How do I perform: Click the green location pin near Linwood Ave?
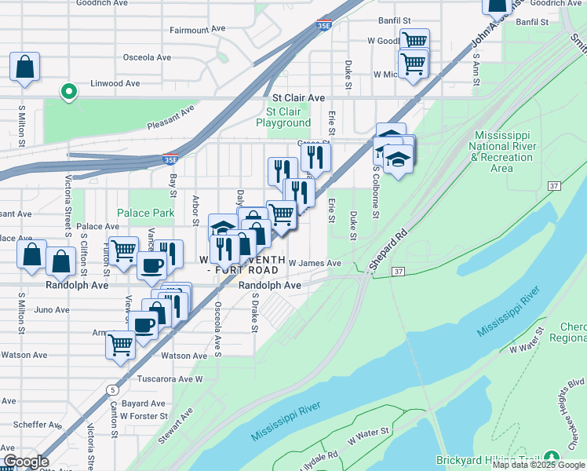(x=69, y=92)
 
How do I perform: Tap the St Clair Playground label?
(x=283, y=117)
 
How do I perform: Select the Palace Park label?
(x=145, y=213)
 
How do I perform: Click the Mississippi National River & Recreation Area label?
(x=502, y=146)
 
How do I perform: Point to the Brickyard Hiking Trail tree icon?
(x=552, y=458)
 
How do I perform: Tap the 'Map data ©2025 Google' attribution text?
(x=538, y=465)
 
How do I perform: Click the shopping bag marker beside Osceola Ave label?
(x=25, y=68)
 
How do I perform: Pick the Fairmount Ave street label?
(x=197, y=29)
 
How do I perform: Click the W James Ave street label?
(x=315, y=264)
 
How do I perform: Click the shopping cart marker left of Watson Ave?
(x=120, y=344)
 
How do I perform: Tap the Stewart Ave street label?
(x=176, y=426)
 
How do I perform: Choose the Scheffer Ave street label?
(x=27, y=425)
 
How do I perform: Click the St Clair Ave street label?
(x=298, y=98)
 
